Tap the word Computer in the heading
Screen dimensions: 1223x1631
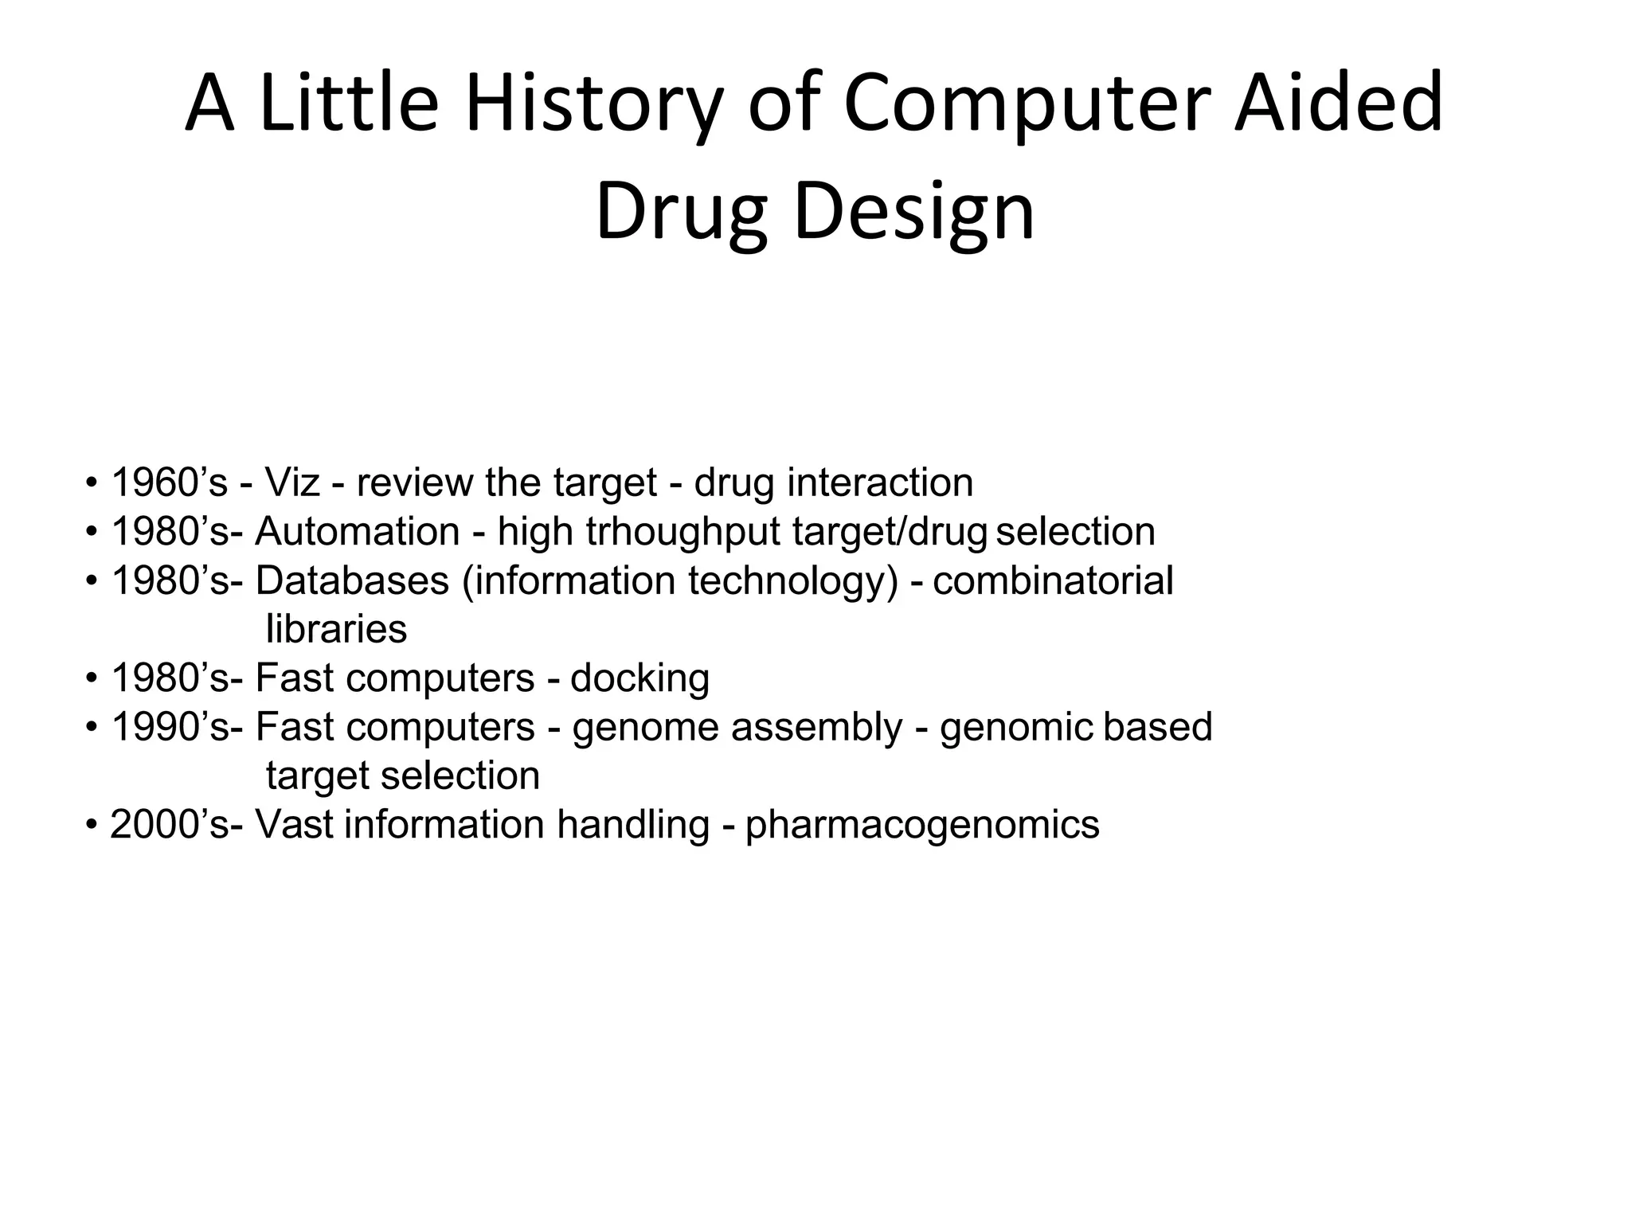[1027, 104]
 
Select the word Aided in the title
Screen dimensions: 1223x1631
[1338, 104]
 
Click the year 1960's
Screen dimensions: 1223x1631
[169, 483]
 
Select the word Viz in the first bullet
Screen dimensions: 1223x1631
[292, 483]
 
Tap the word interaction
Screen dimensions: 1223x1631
[880, 483]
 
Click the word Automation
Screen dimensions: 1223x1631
[358, 531]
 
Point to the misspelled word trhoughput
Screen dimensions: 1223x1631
[683, 531]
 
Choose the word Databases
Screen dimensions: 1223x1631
[352, 580]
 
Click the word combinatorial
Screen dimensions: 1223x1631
[1053, 580]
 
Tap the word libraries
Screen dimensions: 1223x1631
[336, 629]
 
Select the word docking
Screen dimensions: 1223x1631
[639, 678]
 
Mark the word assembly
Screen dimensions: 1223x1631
[817, 727]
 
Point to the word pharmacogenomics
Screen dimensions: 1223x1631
[922, 824]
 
